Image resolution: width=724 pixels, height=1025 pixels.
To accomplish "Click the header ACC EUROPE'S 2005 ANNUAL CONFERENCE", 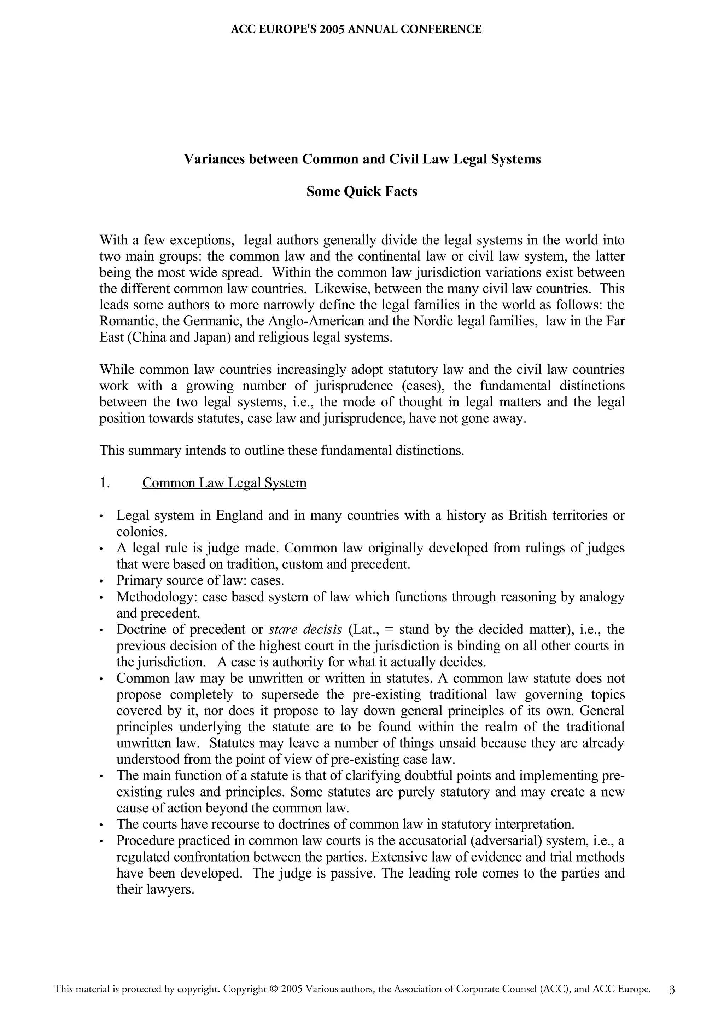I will pyautogui.click(x=356, y=29).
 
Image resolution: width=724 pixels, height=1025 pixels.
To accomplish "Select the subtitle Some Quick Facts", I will pyautogui.click(x=362, y=191).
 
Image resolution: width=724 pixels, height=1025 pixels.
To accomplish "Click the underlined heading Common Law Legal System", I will pyautogui.click(x=224, y=483).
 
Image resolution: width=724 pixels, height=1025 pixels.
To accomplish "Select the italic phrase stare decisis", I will pyautogui.click(x=305, y=630).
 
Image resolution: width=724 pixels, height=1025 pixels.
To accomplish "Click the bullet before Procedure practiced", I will pyautogui.click(x=102, y=841).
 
